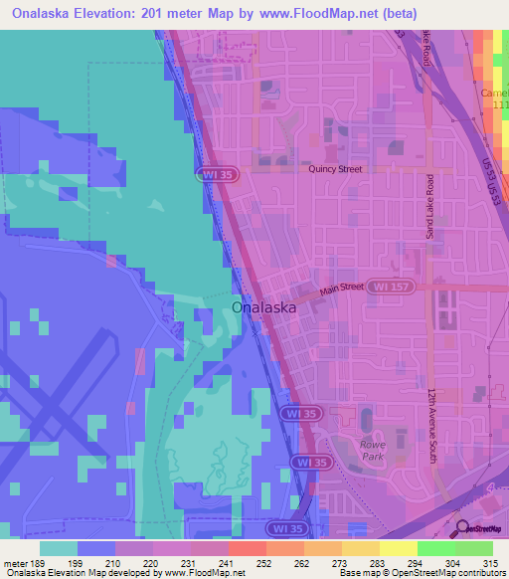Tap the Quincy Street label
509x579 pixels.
coord(335,169)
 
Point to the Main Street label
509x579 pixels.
coord(344,290)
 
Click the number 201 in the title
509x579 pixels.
coord(169,13)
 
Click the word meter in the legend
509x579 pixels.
coord(15,562)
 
